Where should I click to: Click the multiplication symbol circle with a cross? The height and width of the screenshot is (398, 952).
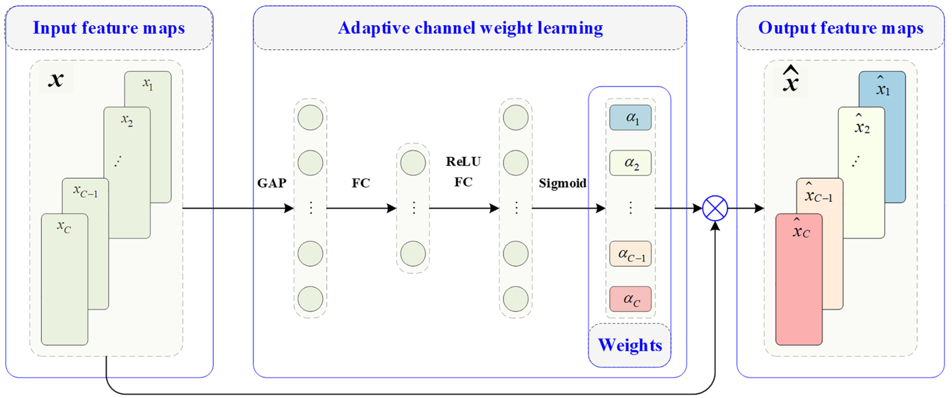(715, 208)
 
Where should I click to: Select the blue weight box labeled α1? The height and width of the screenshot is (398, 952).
(630, 118)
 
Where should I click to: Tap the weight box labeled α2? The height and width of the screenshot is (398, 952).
(630, 163)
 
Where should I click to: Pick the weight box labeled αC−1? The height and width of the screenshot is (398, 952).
(630, 254)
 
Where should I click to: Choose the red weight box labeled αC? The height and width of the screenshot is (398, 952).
(630, 299)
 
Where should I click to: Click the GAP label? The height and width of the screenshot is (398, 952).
(271, 183)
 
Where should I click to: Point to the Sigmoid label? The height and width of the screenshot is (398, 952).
(563, 184)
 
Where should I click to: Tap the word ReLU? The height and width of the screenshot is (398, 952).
(463, 162)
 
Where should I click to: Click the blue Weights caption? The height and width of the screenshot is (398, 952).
(630, 345)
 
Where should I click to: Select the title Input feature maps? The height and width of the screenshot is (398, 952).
(109, 28)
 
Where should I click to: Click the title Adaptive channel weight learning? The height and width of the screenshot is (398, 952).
(470, 28)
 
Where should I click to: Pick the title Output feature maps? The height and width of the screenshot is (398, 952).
(840, 28)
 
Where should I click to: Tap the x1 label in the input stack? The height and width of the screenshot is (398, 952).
(148, 83)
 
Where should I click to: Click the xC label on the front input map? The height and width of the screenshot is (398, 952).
(64, 226)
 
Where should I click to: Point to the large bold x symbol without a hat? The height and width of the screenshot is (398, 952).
(56, 79)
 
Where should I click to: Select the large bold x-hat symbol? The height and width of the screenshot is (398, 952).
(791, 79)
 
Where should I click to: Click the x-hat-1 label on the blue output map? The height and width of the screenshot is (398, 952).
(883, 87)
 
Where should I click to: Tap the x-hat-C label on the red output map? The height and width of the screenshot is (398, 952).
(801, 229)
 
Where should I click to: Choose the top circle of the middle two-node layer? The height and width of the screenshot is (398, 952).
(413, 163)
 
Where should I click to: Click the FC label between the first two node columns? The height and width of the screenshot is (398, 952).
(360, 183)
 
